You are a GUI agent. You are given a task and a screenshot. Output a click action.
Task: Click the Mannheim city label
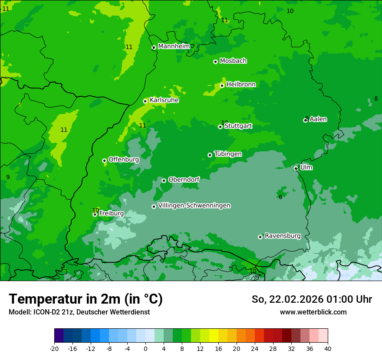(x=174, y=46)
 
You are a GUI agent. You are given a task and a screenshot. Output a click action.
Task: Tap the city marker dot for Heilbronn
(x=222, y=85)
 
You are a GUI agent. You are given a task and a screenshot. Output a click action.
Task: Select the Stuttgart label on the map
(x=238, y=126)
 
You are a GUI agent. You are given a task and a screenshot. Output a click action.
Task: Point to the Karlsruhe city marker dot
(x=145, y=101)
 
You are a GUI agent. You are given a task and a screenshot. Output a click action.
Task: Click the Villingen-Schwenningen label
(x=194, y=206)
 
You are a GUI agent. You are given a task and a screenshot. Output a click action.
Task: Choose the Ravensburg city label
(x=283, y=236)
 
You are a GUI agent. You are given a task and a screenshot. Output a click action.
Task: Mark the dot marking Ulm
(x=296, y=168)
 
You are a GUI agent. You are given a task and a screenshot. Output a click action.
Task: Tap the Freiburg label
(x=111, y=213)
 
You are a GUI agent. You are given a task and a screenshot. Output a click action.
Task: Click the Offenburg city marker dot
(x=104, y=160)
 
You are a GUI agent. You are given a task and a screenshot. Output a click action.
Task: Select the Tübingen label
(x=228, y=154)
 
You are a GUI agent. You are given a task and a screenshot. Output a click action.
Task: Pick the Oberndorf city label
(x=184, y=180)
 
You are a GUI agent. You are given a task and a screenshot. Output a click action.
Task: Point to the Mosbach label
(x=233, y=61)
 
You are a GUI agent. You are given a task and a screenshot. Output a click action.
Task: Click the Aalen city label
(x=318, y=119)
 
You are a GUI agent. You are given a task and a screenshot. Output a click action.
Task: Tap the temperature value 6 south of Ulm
(x=280, y=197)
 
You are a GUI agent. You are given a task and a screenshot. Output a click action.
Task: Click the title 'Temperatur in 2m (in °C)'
(x=86, y=299)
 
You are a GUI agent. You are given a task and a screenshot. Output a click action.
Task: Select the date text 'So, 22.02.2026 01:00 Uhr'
(x=312, y=299)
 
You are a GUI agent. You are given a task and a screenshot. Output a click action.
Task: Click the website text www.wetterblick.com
(x=313, y=312)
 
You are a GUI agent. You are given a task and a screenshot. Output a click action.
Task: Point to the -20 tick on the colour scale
(x=54, y=349)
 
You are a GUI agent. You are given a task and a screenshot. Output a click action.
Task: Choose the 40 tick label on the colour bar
(x=328, y=349)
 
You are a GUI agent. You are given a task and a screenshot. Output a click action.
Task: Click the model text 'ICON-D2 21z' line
(x=79, y=312)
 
